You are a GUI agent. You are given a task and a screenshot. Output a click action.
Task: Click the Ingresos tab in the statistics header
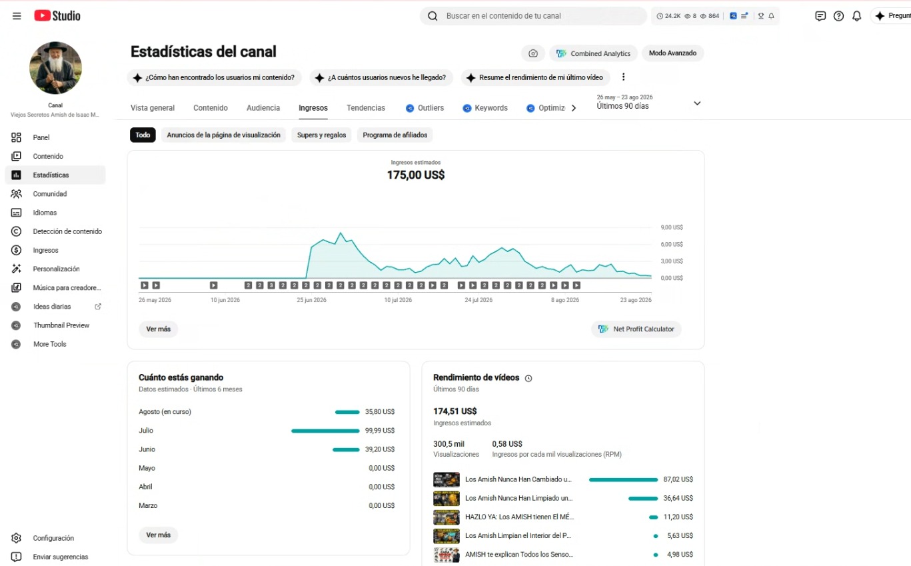pyautogui.click(x=313, y=108)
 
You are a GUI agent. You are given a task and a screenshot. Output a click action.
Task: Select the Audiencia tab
pyautogui.click(x=263, y=108)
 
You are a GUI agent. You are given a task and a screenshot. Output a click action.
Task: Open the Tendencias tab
pyautogui.click(x=366, y=108)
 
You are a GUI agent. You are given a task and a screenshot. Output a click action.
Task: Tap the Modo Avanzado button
pyautogui.click(x=672, y=53)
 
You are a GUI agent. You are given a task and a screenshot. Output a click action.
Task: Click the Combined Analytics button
pyautogui.click(x=593, y=53)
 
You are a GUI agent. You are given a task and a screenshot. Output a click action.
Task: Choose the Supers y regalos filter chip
pyautogui.click(x=321, y=135)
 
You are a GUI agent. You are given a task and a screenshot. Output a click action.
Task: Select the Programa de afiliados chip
pyautogui.click(x=395, y=135)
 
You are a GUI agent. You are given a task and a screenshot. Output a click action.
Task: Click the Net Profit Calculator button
pyautogui.click(x=636, y=329)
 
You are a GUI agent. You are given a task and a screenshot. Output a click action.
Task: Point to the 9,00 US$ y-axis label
pyautogui.click(x=672, y=227)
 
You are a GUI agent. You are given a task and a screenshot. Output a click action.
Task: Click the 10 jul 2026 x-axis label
pyautogui.click(x=398, y=300)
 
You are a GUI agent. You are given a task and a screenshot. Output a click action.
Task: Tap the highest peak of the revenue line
pyautogui.click(x=341, y=233)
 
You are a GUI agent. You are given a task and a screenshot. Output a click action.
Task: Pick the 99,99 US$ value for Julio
pyautogui.click(x=379, y=431)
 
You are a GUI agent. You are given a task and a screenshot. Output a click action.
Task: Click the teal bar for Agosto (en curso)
pyautogui.click(x=347, y=412)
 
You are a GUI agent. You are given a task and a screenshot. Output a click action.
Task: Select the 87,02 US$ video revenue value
pyautogui.click(x=678, y=479)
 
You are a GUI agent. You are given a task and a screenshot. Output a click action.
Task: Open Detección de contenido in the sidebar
pyautogui.click(x=67, y=231)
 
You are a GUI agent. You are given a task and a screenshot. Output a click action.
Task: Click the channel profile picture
pyautogui.click(x=55, y=68)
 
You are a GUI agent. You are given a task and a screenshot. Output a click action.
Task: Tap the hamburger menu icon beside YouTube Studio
pyautogui.click(x=17, y=16)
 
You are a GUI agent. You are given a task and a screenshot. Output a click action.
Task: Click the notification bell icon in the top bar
pyautogui.click(x=856, y=16)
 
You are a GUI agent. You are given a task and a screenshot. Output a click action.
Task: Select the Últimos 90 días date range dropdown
pyautogui.click(x=648, y=102)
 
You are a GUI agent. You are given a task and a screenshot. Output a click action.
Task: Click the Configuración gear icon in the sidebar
pyautogui.click(x=16, y=538)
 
